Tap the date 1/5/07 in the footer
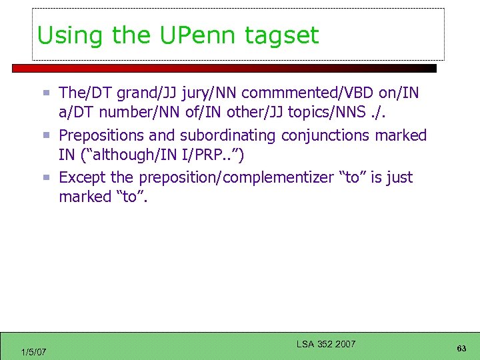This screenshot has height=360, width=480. [33, 351]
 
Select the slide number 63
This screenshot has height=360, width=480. [461, 349]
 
